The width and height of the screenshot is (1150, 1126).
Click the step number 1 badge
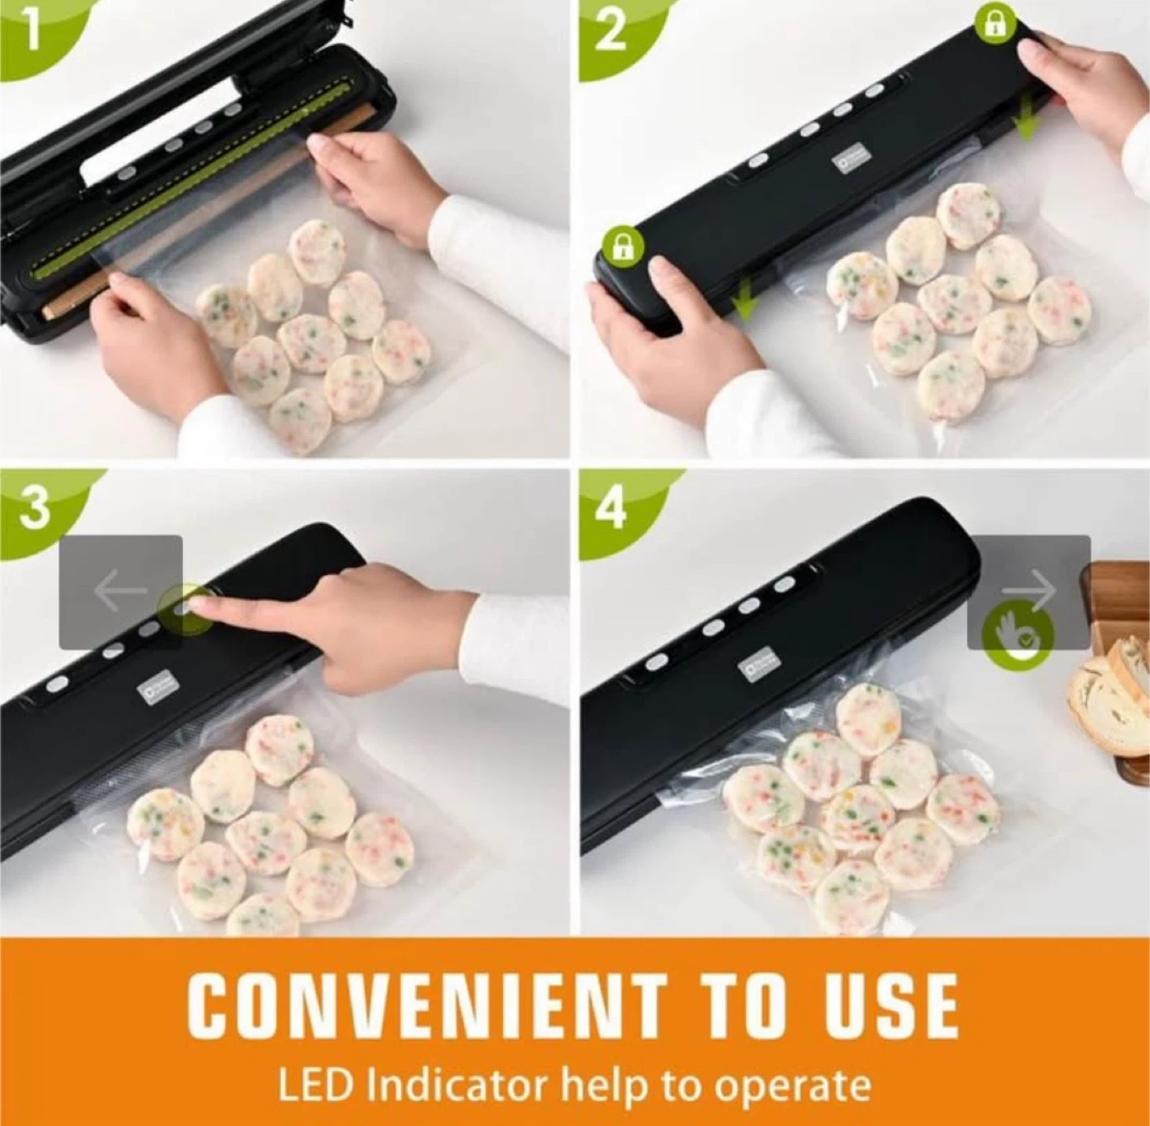pos(30,30)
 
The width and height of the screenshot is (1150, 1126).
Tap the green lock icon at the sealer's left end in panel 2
pos(624,247)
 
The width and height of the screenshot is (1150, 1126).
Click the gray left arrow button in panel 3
pos(121,590)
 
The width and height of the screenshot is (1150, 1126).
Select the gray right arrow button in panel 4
pos(1029,592)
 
